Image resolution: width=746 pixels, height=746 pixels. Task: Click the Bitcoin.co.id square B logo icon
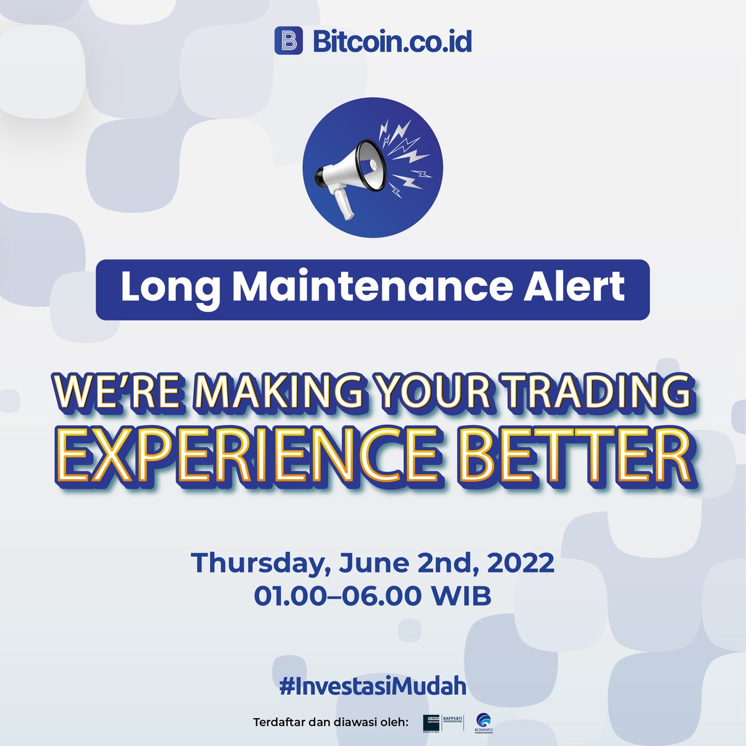tap(288, 41)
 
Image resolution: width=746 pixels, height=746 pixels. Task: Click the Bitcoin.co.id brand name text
tap(392, 41)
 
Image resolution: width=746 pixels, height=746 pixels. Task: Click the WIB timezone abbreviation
tap(462, 596)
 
